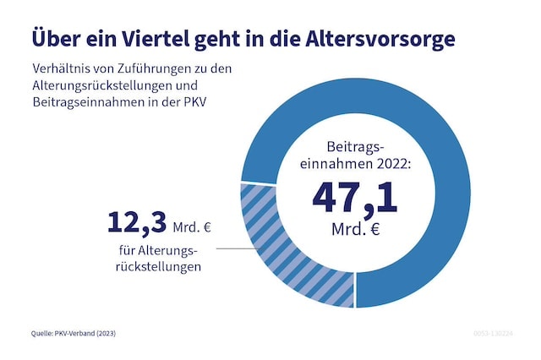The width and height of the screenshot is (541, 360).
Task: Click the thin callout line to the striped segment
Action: tap(233, 248)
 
